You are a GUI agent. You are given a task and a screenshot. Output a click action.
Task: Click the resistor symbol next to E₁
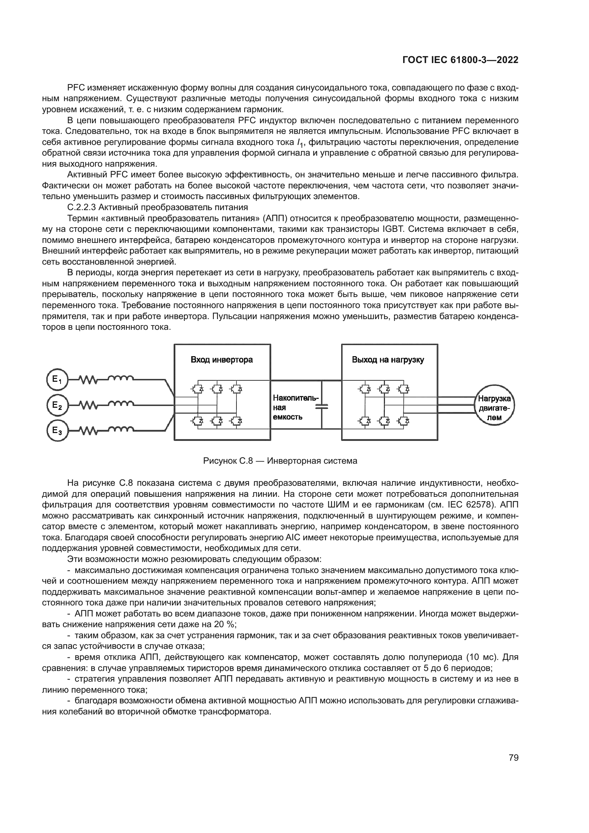88,380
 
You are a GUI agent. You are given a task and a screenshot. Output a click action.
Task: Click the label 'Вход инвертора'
221,360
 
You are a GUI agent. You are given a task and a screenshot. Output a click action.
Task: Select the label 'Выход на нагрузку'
388,360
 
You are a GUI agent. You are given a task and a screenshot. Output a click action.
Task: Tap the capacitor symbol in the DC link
321,407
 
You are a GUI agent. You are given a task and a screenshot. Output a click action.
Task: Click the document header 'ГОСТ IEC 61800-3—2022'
460,60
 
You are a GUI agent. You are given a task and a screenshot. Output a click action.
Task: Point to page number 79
514,758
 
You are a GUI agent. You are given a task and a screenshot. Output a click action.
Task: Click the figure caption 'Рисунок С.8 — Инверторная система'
280,461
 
